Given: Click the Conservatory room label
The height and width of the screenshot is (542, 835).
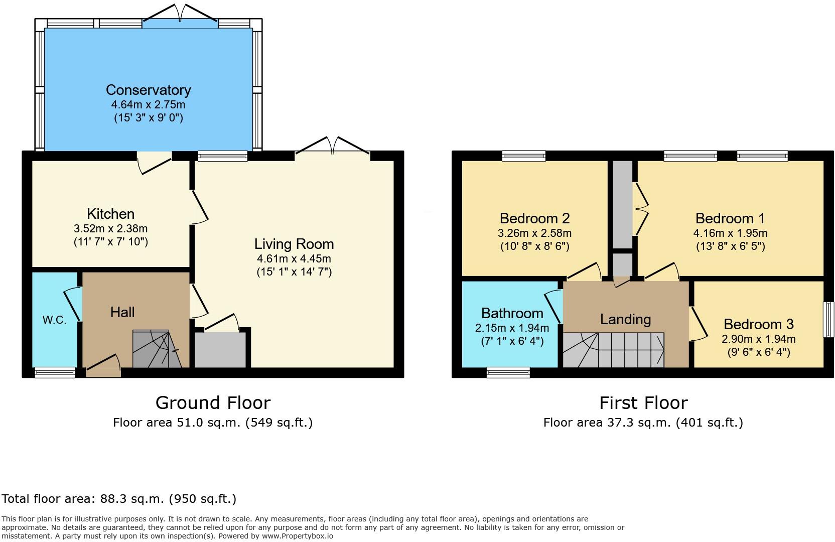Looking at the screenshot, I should pos(148,90).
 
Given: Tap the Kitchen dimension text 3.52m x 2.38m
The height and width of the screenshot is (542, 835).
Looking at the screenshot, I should pos(110,229).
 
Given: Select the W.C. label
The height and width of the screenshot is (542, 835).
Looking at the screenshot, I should pos(54,320).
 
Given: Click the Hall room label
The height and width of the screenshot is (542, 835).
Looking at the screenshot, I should pos(122,312).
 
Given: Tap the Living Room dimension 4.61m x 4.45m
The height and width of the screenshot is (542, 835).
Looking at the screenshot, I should pos(294,259).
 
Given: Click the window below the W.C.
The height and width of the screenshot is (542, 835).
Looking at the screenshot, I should pos(54,372).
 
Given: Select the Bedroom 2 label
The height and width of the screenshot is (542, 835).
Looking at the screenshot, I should pos(534,218).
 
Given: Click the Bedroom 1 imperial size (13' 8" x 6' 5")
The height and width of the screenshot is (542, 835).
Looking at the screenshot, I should pos(730,246).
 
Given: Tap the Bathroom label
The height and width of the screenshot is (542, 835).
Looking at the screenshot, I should pos(512,313).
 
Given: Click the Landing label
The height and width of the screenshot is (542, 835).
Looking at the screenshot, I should pos(625,319).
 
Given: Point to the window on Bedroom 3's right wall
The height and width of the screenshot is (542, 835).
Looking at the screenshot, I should pos(828,319).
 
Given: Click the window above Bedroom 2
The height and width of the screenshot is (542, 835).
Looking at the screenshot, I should pos(523,156).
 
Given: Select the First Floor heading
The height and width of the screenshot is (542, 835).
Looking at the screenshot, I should pos(643,402).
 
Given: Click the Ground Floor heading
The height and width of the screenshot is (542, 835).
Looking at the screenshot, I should pos(213,402).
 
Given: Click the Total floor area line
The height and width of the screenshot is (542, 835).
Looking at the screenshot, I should pos(119,499).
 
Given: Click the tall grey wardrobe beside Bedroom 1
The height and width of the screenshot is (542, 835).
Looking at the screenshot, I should pos(623,204).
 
